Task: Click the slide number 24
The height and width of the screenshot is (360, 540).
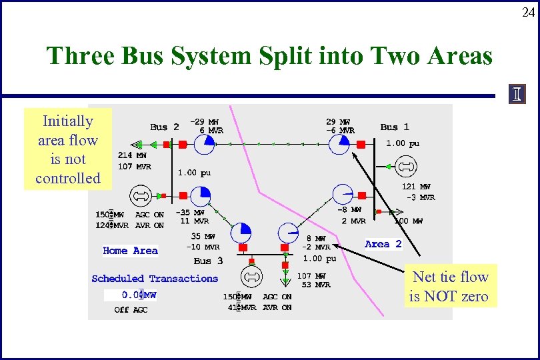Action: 527,11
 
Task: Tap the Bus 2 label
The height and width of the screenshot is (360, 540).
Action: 164,127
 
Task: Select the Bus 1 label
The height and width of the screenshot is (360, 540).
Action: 395,127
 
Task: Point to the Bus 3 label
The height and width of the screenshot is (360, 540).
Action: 208,261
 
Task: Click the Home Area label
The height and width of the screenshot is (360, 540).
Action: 130,251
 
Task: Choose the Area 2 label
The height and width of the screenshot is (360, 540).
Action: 383,244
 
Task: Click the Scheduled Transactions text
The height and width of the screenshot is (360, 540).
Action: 155,279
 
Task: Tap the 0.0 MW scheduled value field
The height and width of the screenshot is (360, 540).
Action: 139,295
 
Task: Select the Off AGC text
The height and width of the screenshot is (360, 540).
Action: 131,309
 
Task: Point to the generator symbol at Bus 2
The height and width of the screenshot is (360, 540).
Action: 141,196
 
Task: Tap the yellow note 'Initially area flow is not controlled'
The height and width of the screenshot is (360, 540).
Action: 68,149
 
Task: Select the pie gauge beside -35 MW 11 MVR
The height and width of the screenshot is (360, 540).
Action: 201,196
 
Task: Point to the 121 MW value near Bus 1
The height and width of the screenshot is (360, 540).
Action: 416,187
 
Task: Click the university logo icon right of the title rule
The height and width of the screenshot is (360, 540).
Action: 517,95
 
